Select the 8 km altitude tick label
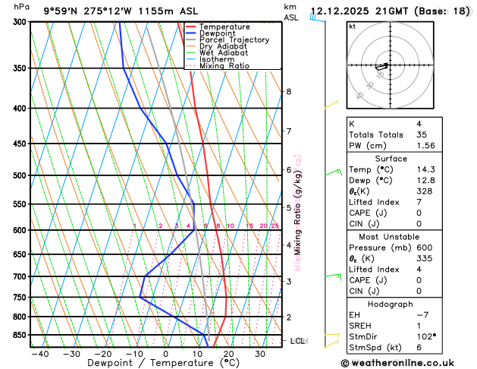click(289, 92)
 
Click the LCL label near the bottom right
click(298, 342)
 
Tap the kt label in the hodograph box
click(353, 26)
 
